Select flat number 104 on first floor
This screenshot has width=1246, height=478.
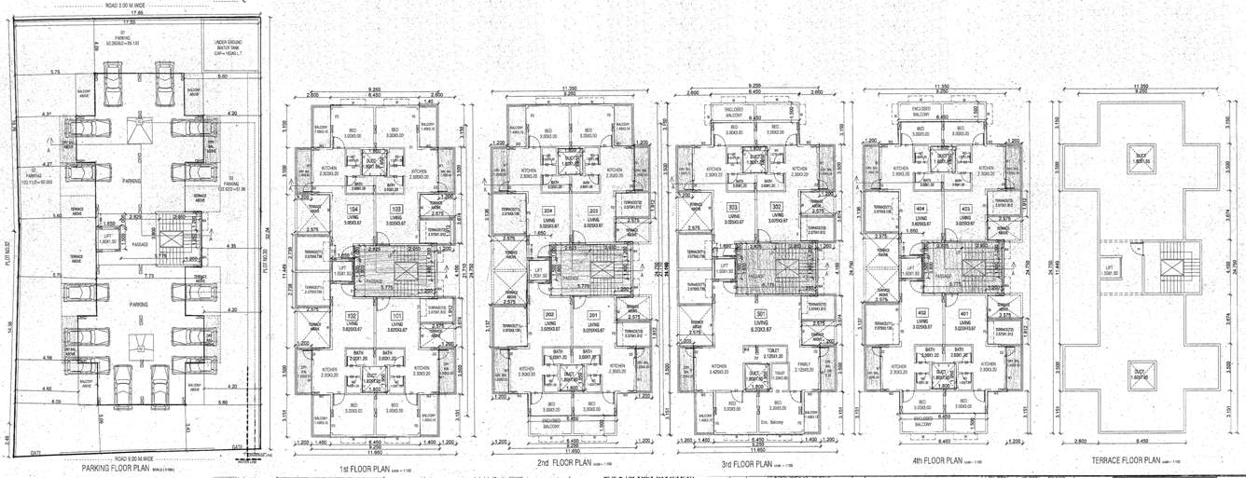coord(354,209)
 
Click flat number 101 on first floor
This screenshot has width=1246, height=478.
coord(396,315)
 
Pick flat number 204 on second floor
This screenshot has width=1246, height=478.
coord(548,211)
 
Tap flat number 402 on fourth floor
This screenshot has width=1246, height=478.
coord(921,312)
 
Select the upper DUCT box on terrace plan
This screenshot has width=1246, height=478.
coord(1140,159)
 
